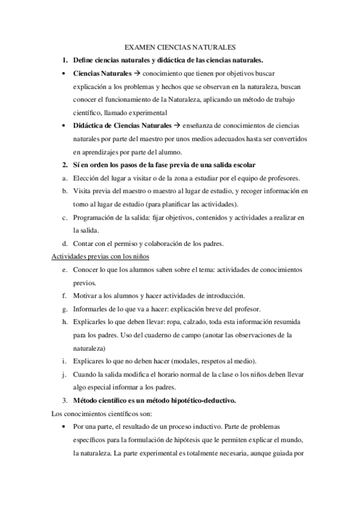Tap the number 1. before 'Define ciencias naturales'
click(x=64, y=60)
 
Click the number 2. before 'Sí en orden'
click(x=64, y=165)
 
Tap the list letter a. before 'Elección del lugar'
click(x=64, y=178)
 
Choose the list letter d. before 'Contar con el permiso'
click(x=64, y=244)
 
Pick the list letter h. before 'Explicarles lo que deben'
click(x=64, y=322)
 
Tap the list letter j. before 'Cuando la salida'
click(x=64, y=374)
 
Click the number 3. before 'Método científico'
click(x=64, y=401)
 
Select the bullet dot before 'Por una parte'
click(x=64, y=426)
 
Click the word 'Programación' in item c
click(x=96, y=217)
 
